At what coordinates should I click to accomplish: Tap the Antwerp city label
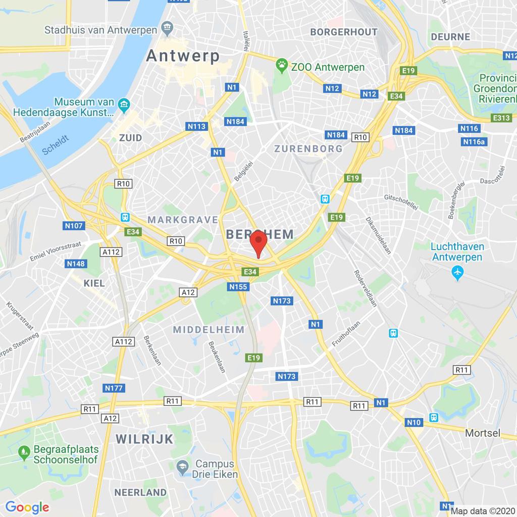(x=183, y=56)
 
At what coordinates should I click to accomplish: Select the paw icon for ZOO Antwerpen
(x=280, y=65)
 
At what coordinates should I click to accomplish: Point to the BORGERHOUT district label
(x=344, y=32)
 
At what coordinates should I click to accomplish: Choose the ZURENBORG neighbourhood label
(x=308, y=148)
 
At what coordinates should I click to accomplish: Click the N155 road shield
(x=238, y=287)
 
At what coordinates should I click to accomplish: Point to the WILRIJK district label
(x=144, y=439)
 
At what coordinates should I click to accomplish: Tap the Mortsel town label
(x=483, y=433)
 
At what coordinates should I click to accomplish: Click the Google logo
(x=27, y=507)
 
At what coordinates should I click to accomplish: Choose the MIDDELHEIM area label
(x=209, y=330)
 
